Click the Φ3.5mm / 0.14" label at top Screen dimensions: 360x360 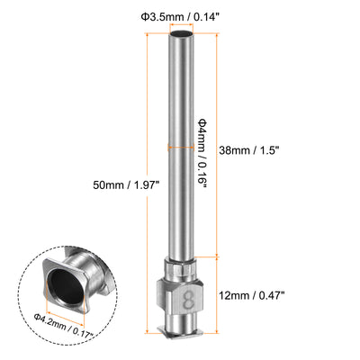[179, 17]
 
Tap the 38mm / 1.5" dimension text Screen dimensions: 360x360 [249, 150]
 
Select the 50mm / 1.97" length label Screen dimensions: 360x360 [125, 184]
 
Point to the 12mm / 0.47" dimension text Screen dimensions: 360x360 [252, 295]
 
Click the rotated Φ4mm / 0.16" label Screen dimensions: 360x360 [202, 153]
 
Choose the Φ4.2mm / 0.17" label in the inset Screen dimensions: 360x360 [64, 326]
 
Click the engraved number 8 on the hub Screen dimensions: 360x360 [188, 300]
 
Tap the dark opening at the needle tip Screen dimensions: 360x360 [181, 33]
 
